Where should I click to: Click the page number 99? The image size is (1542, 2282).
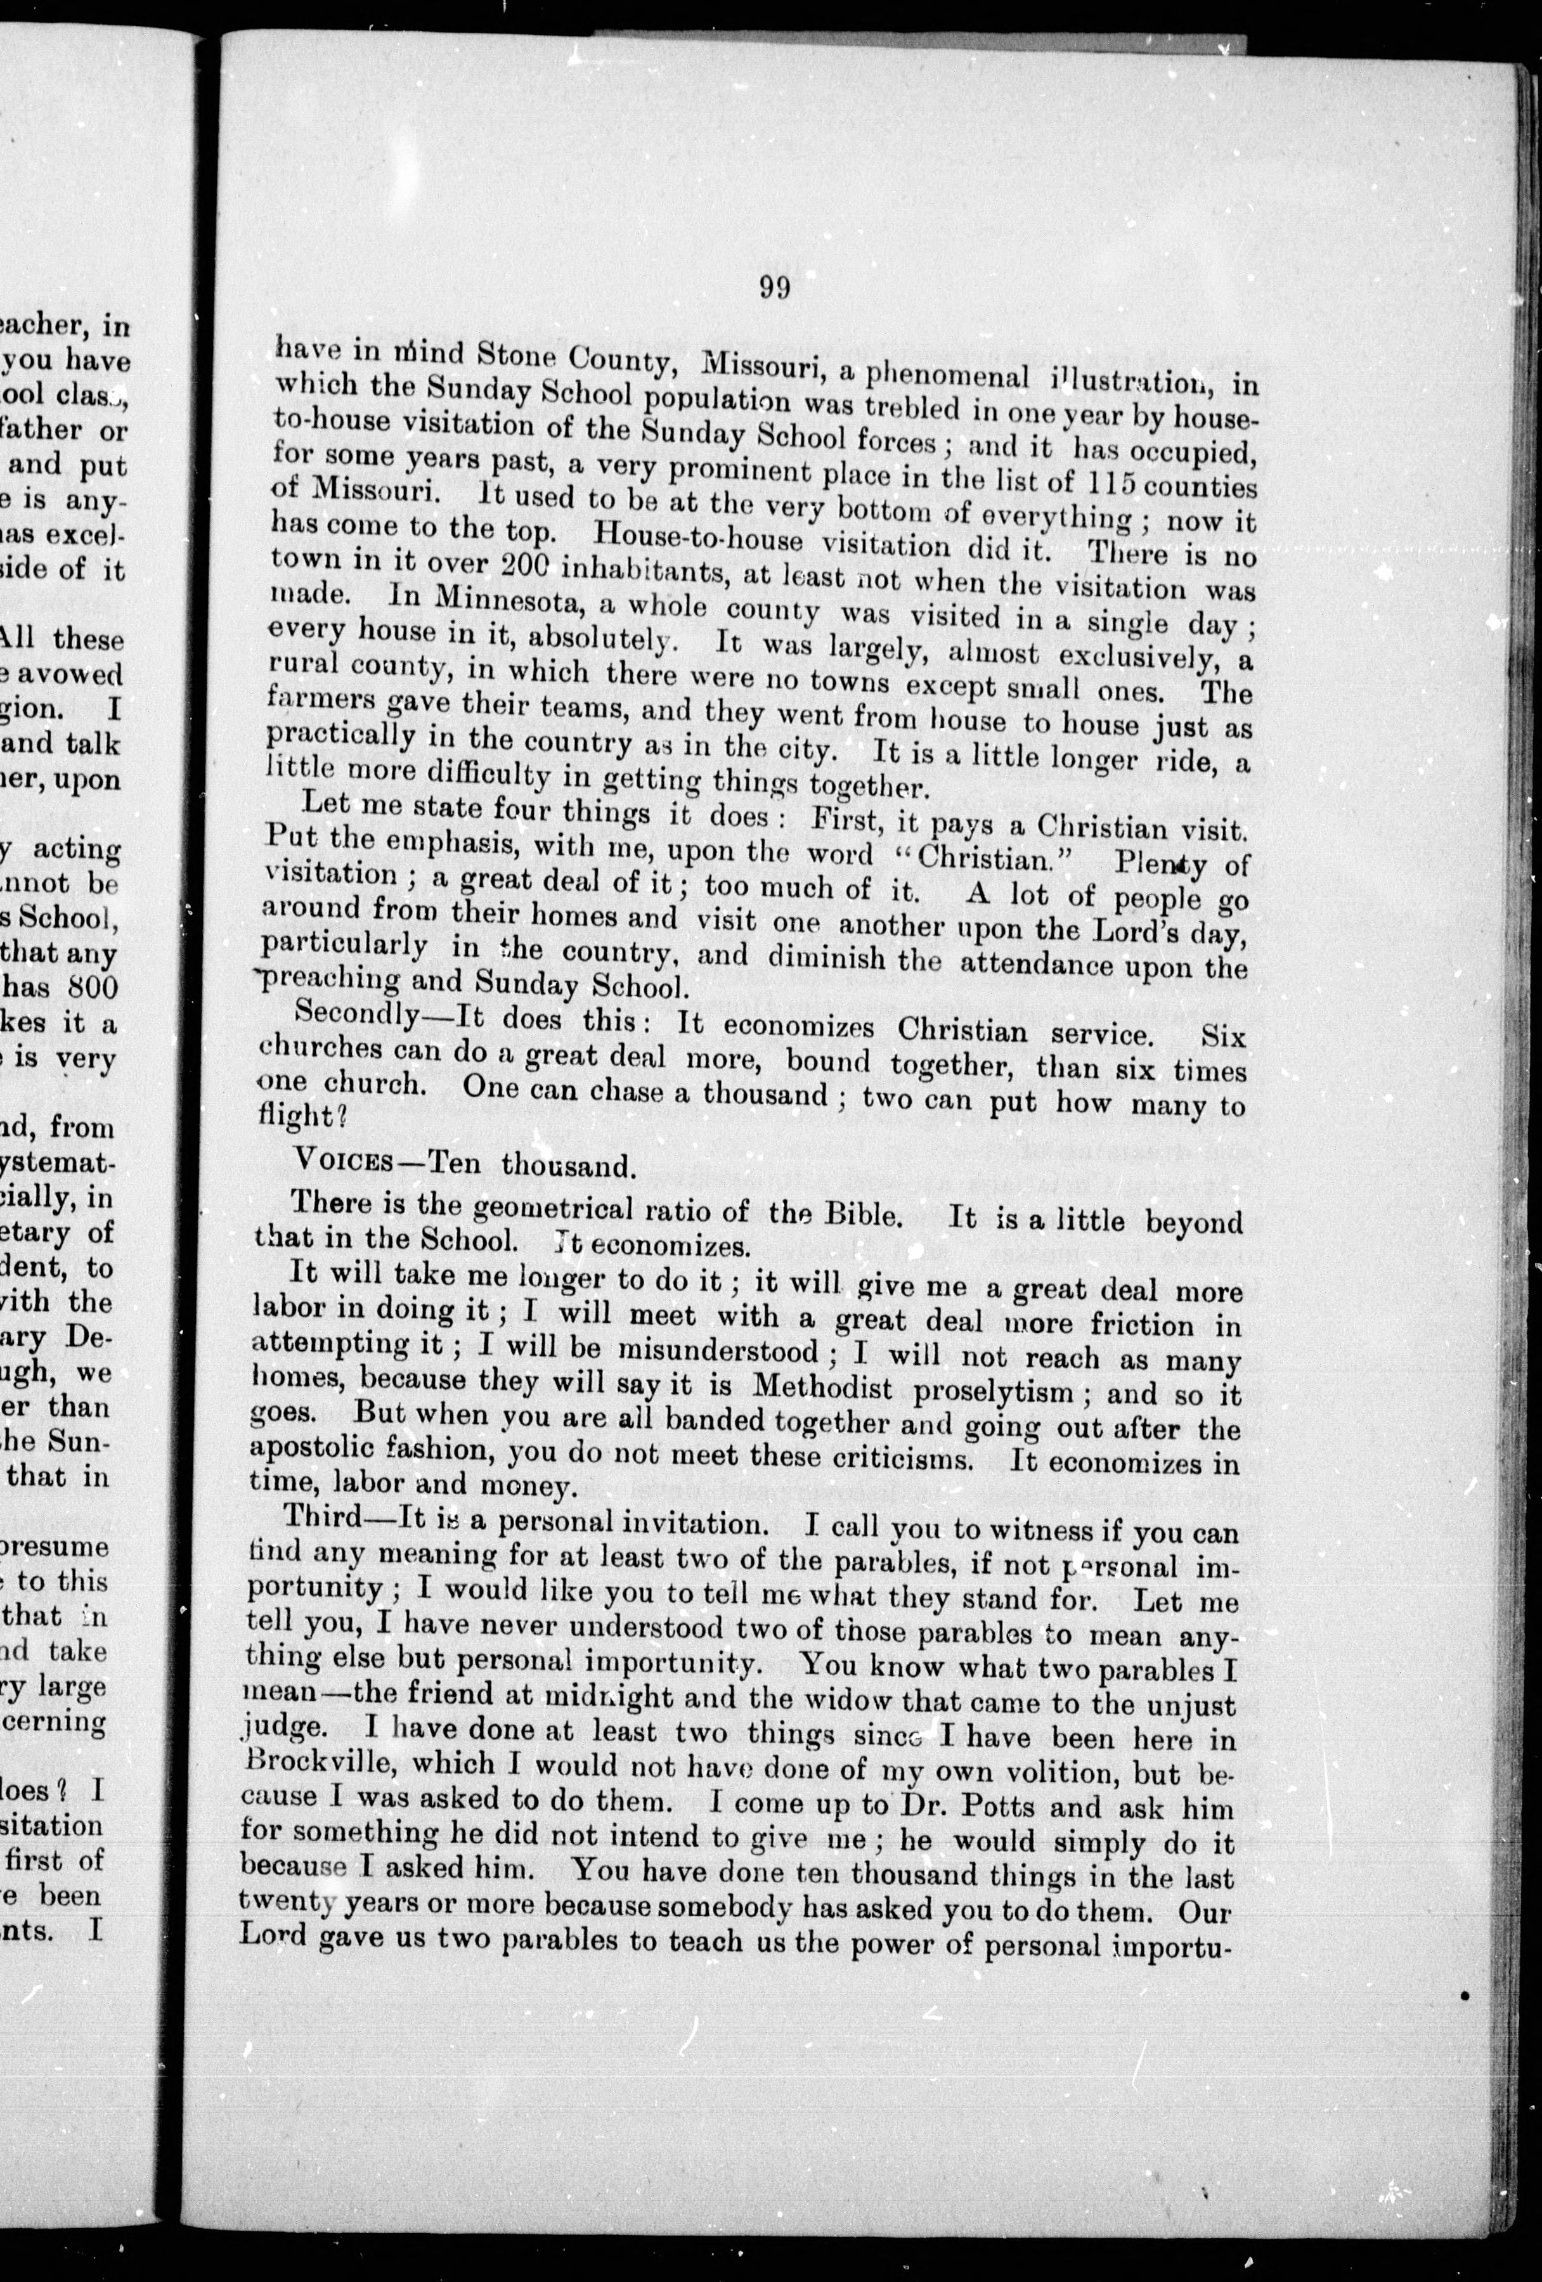pyautogui.click(x=774, y=288)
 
